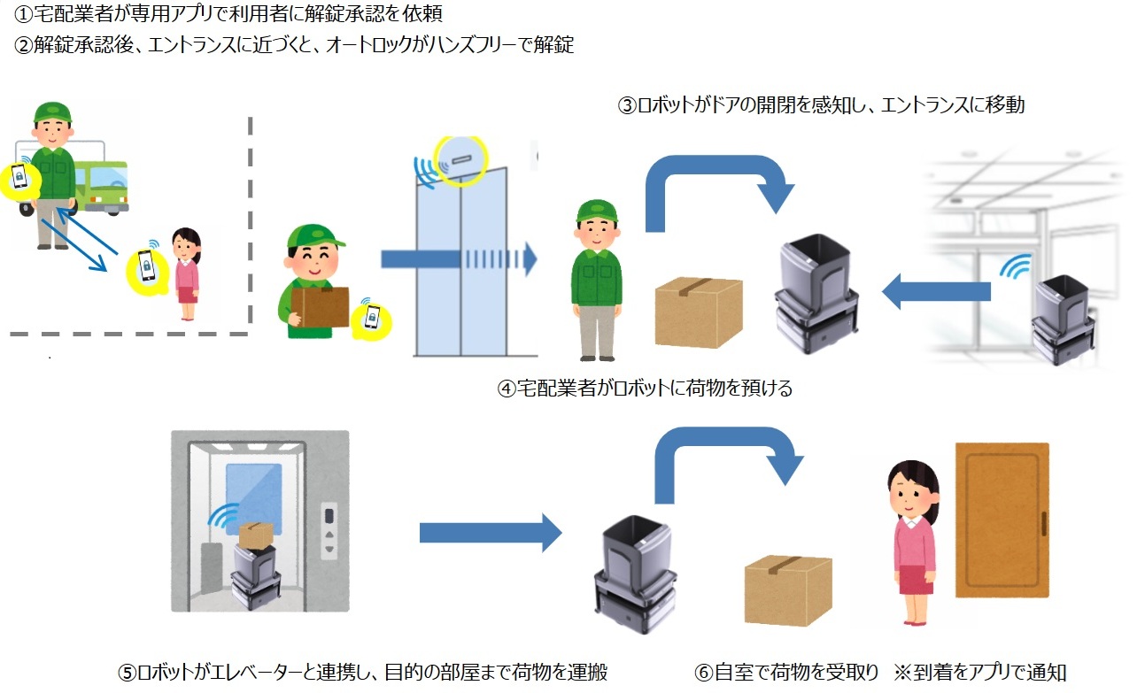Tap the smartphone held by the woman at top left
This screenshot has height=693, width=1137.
tap(145, 265)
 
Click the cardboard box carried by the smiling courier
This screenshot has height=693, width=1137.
tap(320, 306)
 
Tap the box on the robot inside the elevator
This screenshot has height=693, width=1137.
tap(254, 535)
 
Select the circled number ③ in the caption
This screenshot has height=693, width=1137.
tap(626, 105)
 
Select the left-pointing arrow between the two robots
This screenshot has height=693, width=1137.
tap(936, 291)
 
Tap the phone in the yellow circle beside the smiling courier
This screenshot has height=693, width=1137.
tap(372, 317)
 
